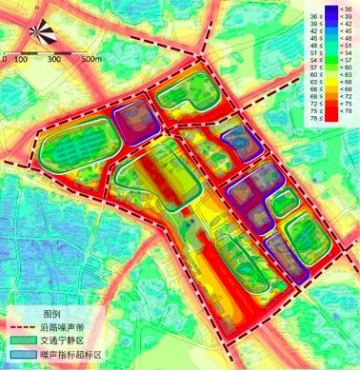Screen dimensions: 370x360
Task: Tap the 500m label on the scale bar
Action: tap(91, 59)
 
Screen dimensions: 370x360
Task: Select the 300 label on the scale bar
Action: tap(54, 59)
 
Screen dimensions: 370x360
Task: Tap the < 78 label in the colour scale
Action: tap(346, 113)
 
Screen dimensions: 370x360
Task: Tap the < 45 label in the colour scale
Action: tap(346, 34)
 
